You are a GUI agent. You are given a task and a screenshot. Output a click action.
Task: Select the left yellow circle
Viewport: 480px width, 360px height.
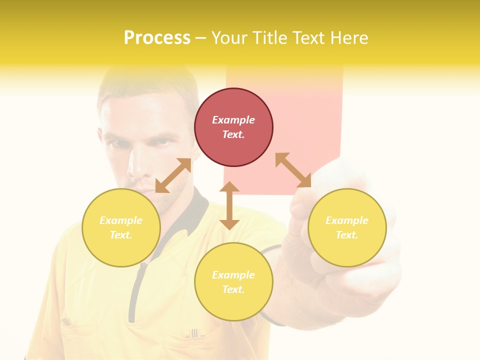pyautogui.click(x=121, y=227)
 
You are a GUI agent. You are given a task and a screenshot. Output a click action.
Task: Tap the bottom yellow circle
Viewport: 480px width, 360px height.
pyautogui.click(x=233, y=281)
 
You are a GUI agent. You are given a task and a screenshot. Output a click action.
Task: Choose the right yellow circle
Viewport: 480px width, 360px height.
pyautogui.click(x=347, y=227)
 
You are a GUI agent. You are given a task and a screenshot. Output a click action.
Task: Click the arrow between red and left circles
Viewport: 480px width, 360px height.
pyautogui.click(x=173, y=175)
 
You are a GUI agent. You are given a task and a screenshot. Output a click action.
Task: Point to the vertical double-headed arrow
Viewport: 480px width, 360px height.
pyautogui.click(x=229, y=205)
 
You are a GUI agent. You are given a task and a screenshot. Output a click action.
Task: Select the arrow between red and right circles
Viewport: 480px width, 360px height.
pyautogui.click(x=293, y=170)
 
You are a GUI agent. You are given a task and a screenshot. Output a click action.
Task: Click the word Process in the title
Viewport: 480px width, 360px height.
pyautogui.click(x=157, y=37)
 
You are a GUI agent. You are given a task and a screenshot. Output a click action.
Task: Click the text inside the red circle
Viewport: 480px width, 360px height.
pyautogui.click(x=233, y=127)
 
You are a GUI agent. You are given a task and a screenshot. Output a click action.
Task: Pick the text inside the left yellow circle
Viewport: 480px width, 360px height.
pyautogui.click(x=121, y=227)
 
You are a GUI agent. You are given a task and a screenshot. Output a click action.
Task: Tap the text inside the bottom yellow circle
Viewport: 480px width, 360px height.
pyautogui.click(x=233, y=282)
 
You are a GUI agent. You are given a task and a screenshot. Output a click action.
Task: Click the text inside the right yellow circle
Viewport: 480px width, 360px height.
pyautogui.click(x=347, y=227)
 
